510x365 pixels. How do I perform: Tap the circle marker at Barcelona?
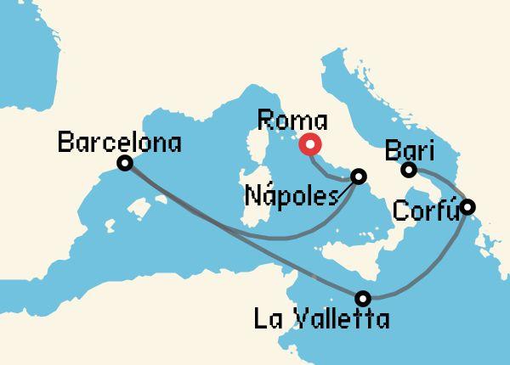tap(125, 162)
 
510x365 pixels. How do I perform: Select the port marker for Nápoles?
tap(359, 177)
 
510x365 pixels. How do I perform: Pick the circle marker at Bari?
tap(409, 171)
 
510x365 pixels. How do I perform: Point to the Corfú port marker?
tap(467, 206)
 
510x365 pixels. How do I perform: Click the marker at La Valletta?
tap(364, 298)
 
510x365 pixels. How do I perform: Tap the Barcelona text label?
tap(119, 141)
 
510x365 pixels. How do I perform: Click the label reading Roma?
tap(291, 119)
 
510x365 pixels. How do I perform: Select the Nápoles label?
tap(292, 195)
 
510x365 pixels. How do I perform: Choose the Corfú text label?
tap(425, 209)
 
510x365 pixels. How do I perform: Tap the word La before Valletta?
tap(270, 319)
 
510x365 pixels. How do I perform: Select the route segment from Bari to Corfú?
tap(442, 182)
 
